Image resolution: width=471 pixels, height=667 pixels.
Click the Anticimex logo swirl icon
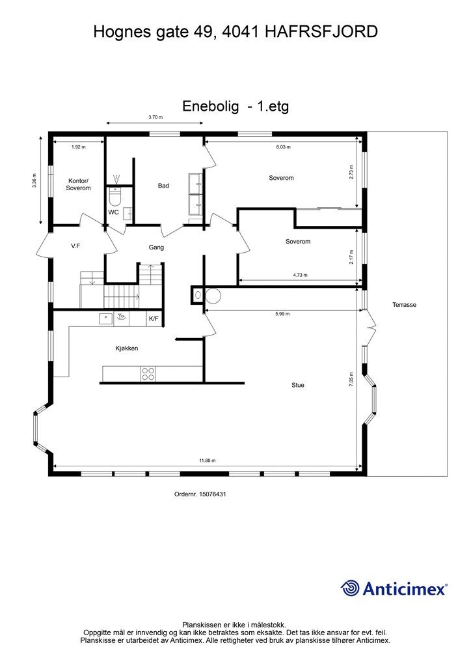[x=349, y=588]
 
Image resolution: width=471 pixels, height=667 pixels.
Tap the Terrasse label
[x=404, y=305]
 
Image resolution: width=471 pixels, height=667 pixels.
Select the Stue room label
[x=298, y=385]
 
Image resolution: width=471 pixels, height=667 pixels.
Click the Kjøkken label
[x=127, y=348]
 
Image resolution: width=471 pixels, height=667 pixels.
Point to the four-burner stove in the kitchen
[x=148, y=373]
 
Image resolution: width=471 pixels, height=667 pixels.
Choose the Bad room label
[x=163, y=186]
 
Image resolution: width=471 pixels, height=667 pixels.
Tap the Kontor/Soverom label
[x=78, y=184]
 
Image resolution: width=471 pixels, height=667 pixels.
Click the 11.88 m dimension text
[x=208, y=461]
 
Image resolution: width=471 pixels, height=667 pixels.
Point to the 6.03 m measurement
[x=283, y=147]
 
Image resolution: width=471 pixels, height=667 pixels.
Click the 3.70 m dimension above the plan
[x=155, y=117]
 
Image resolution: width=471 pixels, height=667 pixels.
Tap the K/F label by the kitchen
[x=154, y=319]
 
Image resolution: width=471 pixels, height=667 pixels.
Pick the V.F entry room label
[x=75, y=246]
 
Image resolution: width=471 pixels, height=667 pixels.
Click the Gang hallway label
[x=156, y=247]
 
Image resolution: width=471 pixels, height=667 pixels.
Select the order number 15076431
[x=211, y=494]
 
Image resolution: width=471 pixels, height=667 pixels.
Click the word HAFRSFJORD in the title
[x=321, y=32]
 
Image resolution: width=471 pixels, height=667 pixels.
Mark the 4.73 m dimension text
[x=300, y=275]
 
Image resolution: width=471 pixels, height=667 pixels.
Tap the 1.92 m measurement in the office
[x=78, y=147]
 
